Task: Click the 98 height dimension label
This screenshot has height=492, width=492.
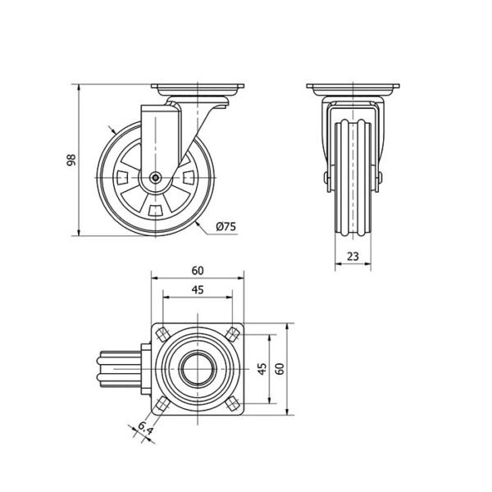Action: click(x=71, y=160)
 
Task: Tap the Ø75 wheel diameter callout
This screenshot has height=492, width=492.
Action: click(x=226, y=226)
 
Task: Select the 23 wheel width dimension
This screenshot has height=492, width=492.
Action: click(x=353, y=257)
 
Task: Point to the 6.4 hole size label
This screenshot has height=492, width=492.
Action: click(x=145, y=428)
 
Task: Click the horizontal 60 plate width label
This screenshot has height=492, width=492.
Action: click(x=198, y=271)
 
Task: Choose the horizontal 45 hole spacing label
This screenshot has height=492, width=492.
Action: click(x=198, y=290)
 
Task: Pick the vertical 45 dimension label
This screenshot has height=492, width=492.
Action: click(x=262, y=369)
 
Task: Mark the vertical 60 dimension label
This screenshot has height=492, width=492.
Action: click(x=280, y=369)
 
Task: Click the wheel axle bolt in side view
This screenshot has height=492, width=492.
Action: click(x=155, y=178)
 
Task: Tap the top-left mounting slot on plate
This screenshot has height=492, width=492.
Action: click(x=163, y=335)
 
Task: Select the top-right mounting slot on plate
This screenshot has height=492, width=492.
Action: click(x=233, y=335)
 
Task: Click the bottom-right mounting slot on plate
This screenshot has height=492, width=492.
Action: click(x=233, y=404)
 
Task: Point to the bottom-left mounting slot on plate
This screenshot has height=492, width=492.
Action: click(x=163, y=404)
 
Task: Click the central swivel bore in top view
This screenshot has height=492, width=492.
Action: click(x=198, y=369)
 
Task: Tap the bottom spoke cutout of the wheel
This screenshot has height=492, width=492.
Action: click(x=155, y=211)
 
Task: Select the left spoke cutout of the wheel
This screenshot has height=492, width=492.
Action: click(x=122, y=178)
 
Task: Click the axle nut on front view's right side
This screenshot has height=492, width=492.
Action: click(x=380, y=178)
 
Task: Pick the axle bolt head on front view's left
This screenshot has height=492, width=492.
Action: click(x=326, y=178)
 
